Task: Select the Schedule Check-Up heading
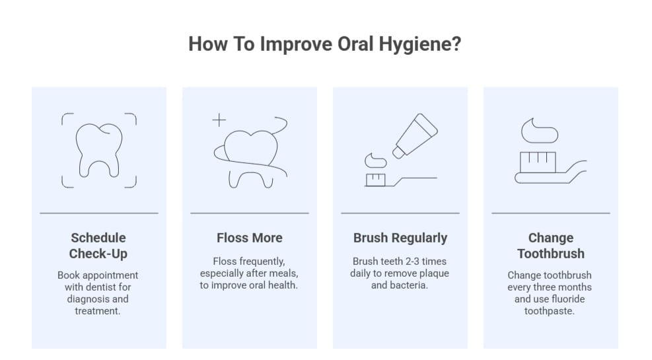pos(98,246)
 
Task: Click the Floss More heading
pos(249,238)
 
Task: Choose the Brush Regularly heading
pos(400,238)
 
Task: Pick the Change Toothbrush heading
pos(550,246)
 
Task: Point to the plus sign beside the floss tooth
pos(219,120)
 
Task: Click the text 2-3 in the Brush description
pos(412,261)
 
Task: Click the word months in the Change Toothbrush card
pos(574,287)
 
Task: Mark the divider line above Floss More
pos(249,213)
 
